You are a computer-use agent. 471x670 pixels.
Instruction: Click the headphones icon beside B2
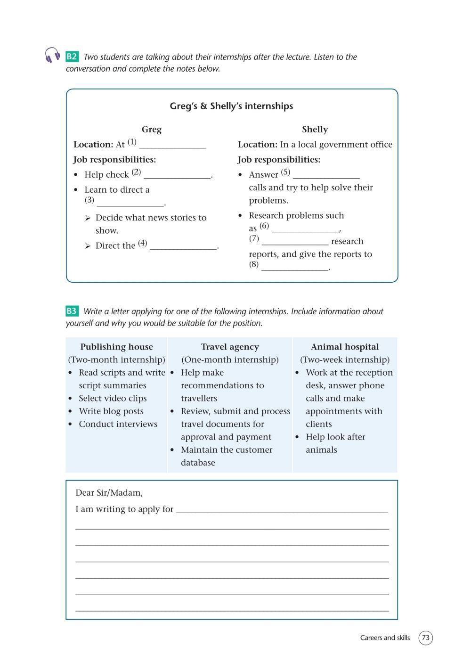(x=52, y=55)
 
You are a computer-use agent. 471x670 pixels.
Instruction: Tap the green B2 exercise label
(x=72, y=57)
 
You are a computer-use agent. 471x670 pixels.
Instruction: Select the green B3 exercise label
(x=72, y=311)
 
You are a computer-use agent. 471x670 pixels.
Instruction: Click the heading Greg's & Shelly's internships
(x=231, y=106)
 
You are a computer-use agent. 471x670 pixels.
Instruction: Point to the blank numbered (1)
(x=172, y=146)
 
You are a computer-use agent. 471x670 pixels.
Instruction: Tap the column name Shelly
(x=315, y=130)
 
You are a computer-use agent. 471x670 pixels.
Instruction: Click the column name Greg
(x=152, y=130)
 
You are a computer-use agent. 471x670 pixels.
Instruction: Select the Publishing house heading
(x=116, y=347)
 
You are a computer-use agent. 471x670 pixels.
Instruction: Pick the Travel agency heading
(x=230, y=347)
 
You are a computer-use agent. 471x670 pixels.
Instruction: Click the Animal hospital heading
(x=345, y=347)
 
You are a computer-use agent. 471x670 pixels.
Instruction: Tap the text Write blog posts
(x=111, y=411)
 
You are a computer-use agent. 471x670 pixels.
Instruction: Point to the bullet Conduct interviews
(x=118, y=424)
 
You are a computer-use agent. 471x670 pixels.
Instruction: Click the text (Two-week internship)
(x=345, y=360)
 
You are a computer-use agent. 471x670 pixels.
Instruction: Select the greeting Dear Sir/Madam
(x=109, y=493)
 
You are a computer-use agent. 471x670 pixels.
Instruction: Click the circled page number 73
(x=426, y=638)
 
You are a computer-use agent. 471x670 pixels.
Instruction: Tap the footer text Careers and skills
(x=385, y=638)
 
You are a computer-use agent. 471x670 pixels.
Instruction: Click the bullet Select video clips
(x=113, y=399)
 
